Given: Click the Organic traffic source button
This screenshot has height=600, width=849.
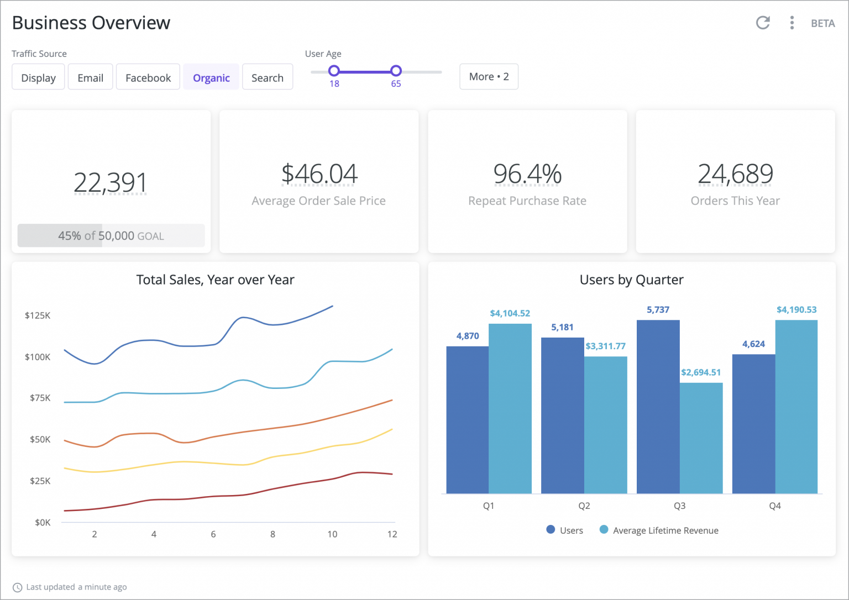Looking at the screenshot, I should pos(211,77).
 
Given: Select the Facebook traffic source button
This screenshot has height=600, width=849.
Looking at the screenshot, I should pos(148,77).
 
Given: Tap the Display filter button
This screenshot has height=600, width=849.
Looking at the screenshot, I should pos(38,77).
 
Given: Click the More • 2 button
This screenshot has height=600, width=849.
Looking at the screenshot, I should pos(489,76).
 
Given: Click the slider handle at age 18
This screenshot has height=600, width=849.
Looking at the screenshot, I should pos(334,71).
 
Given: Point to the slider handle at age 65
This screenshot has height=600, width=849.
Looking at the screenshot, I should pos(396,71).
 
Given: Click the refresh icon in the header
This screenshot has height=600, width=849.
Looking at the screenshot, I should pos(763,23).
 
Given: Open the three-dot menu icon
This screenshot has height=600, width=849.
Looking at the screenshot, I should pos(792,23).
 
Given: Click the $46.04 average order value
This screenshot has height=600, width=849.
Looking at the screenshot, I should pos(319,173).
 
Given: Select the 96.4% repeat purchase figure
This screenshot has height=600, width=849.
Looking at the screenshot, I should pos(527,173).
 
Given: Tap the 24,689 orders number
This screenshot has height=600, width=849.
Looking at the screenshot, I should pos(735,173).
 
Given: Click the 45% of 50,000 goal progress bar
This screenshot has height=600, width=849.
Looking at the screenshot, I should pos(111,236).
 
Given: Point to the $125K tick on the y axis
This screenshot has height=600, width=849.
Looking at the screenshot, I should pos(38,315).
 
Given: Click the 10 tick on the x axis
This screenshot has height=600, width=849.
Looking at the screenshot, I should pos(332,534).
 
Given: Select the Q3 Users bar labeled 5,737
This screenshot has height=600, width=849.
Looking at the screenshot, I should pos(658,406).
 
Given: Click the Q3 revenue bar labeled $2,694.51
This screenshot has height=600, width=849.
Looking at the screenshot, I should pos(701,438).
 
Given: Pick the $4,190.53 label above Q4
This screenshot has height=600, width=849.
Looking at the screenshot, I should pos(796,309).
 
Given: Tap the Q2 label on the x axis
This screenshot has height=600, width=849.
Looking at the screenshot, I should pos(584,506).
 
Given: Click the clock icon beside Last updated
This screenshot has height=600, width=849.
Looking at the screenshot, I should pos(18,587).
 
